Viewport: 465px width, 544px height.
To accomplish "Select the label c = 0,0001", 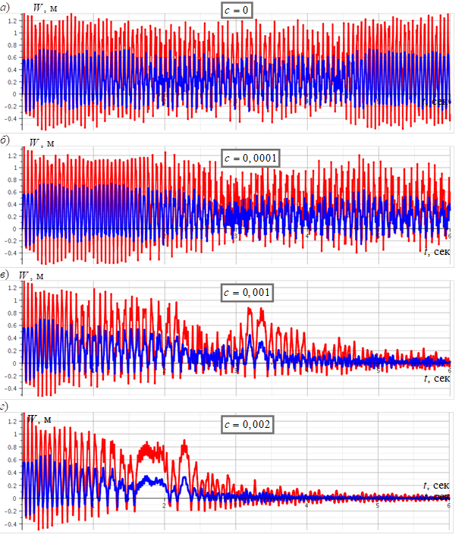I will [251, 158].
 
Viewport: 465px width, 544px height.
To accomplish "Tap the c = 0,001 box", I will [247, 292].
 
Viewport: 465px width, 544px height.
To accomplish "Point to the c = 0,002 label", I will [247, 424].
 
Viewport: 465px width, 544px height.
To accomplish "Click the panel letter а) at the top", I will [5, 6].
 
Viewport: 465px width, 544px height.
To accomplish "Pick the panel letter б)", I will [5, 140].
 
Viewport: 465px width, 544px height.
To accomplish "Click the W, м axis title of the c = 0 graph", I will [44, 8].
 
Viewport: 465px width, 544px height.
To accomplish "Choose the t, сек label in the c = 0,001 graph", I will [437, 377].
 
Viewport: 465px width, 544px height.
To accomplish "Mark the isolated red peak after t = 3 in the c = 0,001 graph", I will [259, 310].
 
